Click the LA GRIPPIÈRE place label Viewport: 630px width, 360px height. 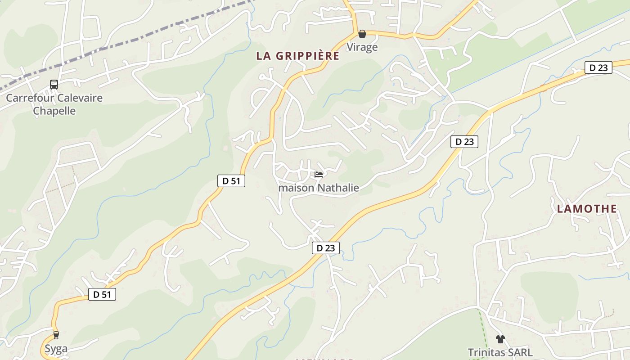pos(297,56)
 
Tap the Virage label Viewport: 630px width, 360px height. pos(362,47)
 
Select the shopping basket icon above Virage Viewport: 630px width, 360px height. pos(362,34)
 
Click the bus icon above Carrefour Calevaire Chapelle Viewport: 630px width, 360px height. pos(54,84)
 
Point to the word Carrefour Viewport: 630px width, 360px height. pos(28,98)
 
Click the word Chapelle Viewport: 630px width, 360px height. pos(54,111)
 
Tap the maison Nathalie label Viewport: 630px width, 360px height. pos(319,188)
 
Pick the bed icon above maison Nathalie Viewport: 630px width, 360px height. pos(319,175)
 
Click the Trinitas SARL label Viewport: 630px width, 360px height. pos(499,352)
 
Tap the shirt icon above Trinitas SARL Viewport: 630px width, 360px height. pos(499,339)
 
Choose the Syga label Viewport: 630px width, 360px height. pos(56,348)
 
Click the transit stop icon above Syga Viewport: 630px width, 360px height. pos(56,335)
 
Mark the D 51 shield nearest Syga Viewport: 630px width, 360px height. pos(102,294)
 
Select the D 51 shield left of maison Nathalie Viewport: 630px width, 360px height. pos(231,181)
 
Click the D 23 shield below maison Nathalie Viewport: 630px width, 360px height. pos(325,247)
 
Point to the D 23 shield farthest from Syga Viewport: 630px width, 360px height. pos(598,68)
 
